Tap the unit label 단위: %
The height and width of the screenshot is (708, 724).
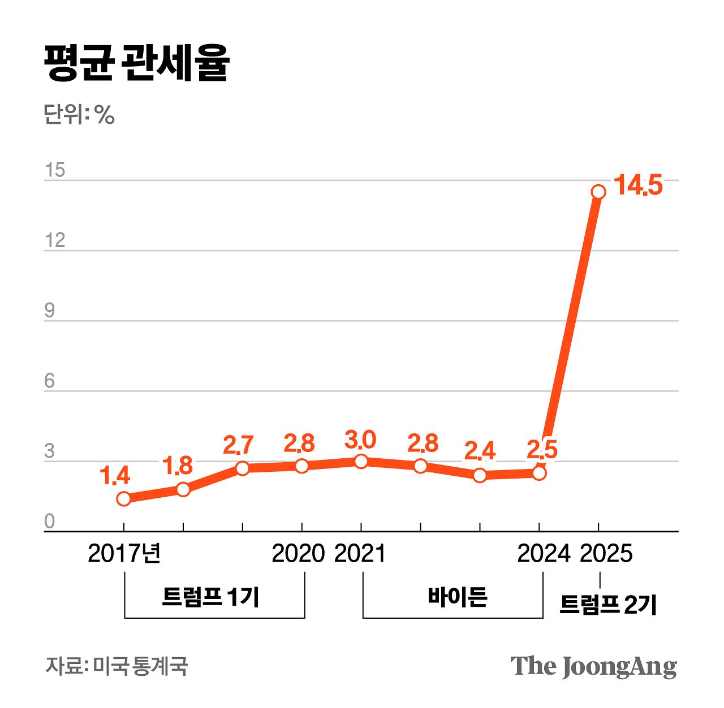[79, 115]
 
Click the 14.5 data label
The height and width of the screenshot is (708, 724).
[637, 185]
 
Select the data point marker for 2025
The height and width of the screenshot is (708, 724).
[598, 192]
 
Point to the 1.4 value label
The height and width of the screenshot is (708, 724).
[115, 476]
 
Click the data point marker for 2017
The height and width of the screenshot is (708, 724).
[124, 498]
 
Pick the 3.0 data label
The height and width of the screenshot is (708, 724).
[360, 439]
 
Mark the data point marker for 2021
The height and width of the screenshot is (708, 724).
[361, 461]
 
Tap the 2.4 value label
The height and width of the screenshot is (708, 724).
[480, 450]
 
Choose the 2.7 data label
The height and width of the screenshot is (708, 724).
[238, 445]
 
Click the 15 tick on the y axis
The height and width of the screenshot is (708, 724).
[55, 170]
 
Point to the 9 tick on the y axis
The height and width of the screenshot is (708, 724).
[50, 311]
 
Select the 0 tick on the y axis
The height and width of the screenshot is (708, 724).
[50, 521]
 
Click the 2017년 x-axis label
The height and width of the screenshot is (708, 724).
[124, 554]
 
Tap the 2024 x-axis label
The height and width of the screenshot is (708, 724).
[543, 554]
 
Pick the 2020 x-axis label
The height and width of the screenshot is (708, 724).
[298, 554]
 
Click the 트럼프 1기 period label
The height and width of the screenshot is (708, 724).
[210, 597]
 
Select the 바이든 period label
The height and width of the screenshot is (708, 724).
[457, 597]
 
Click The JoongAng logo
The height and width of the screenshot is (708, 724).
[593, 666]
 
